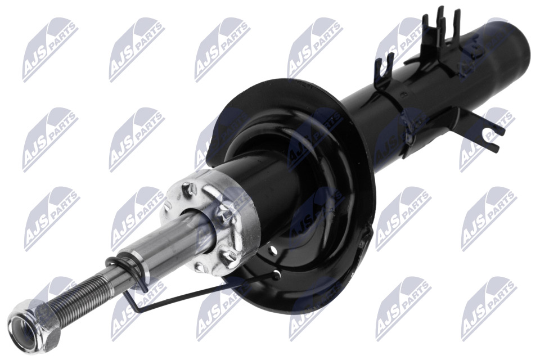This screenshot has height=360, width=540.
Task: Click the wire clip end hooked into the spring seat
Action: point(276,275)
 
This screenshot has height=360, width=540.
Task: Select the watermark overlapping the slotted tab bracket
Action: point(486,134)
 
